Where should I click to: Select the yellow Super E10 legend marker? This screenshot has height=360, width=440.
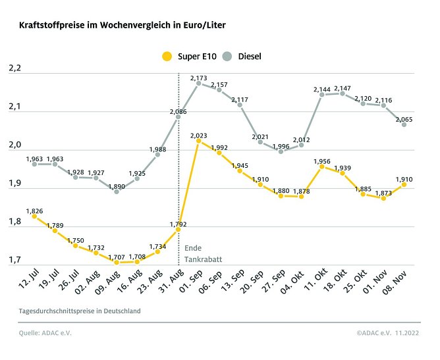(168, 57)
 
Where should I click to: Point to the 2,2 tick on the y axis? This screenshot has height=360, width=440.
(15, 68)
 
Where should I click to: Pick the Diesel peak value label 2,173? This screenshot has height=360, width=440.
(199, 78)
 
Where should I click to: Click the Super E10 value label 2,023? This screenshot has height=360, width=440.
(199, 136)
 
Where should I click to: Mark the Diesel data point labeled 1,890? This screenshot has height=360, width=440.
(117, 192)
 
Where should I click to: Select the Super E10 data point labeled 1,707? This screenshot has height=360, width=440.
(117, 262)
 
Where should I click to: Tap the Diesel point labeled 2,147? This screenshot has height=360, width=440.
(343, 93)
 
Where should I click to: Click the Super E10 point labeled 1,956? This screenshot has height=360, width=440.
(322, 167)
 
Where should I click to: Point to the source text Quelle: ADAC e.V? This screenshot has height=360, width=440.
(45, 333)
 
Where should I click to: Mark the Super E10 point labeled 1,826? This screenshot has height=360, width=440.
(34, 217)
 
